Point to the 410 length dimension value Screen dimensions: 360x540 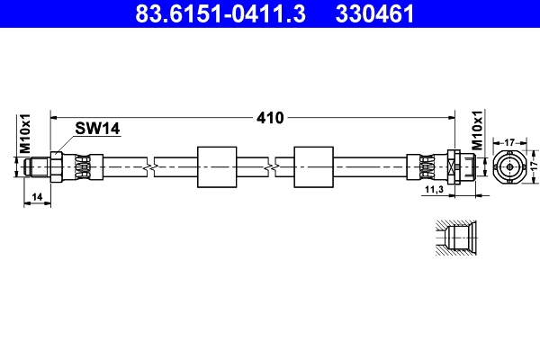tap(270, 117)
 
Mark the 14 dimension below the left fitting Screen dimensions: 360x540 tap(36, 195)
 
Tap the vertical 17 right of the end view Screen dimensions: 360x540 tap(532, 166)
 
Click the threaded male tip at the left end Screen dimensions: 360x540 tap(38, 166)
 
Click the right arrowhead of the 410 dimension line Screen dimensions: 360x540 tap(447, 117)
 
